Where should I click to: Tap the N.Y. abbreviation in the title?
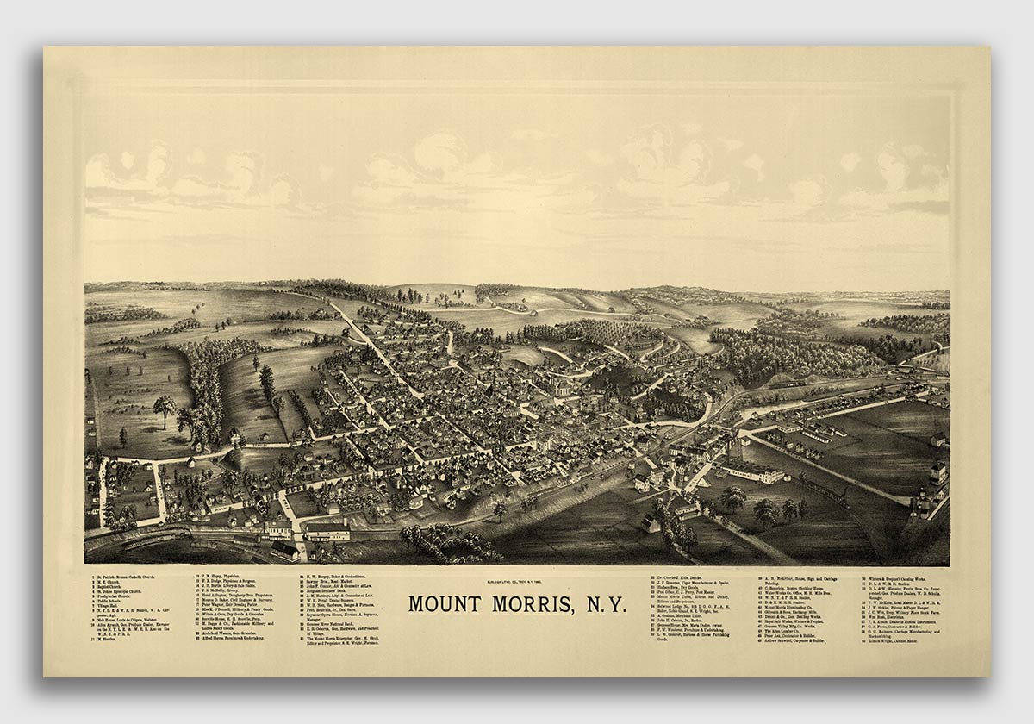(604, 603)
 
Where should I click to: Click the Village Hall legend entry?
(113, 607)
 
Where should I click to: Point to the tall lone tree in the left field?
(164, 409)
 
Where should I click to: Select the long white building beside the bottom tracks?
(327, 532)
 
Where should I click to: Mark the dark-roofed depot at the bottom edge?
(283, 550)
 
